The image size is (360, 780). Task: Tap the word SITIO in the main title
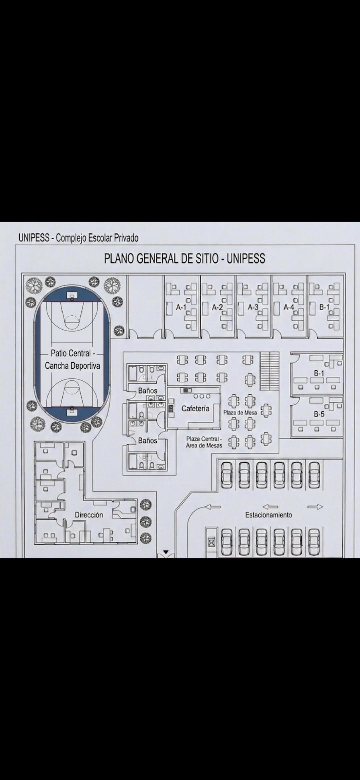pyautogui.click(x=204, y=259)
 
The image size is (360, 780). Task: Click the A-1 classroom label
pyautogui.click(x=181, y=307)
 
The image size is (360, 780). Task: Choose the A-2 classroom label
pyautogui.click(x=217, y=307)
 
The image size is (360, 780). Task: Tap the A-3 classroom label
pyautogui.click(x=253, y=307)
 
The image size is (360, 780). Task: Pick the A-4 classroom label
pyautogui.click(x=289, y=307)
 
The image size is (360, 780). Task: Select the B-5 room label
pyautogui.click(x=319, y=414)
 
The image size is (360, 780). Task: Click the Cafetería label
pyautogui.click(x=195, y=408)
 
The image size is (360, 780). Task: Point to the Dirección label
pyautogui.click(x=89, y=515)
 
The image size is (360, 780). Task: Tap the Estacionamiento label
pyautogui.click(x=269, y=515)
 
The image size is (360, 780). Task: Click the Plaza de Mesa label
pyautogui.click(x=240, y=413)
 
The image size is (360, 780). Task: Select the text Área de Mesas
pyautogui.click(x=204, y=445)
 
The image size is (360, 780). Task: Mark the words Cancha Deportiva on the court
pyautogui.click(x=72, y=366)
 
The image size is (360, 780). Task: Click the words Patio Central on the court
pyautogui.click(x=71, y=353)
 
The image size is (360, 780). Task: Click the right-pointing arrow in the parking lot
pyautogui.click(x=315, y=507)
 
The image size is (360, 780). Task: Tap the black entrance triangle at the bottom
pyautogui.click(x=166, y=552)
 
